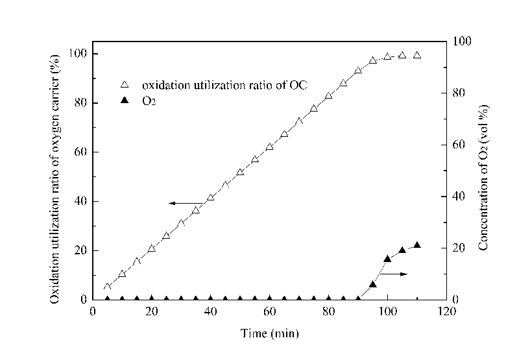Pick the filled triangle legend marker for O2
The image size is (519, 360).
tap(126, 101)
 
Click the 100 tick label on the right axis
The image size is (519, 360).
tap(461, 41)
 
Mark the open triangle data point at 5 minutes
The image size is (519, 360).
tap(108, 286)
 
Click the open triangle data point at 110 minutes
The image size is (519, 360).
tap(417, 55)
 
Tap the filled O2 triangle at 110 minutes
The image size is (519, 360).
tap(417, 245)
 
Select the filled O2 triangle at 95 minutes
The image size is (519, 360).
tap(373, 284)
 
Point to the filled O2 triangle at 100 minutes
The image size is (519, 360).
tap(387, 258)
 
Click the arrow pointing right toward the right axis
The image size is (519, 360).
tap(394, 274)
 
